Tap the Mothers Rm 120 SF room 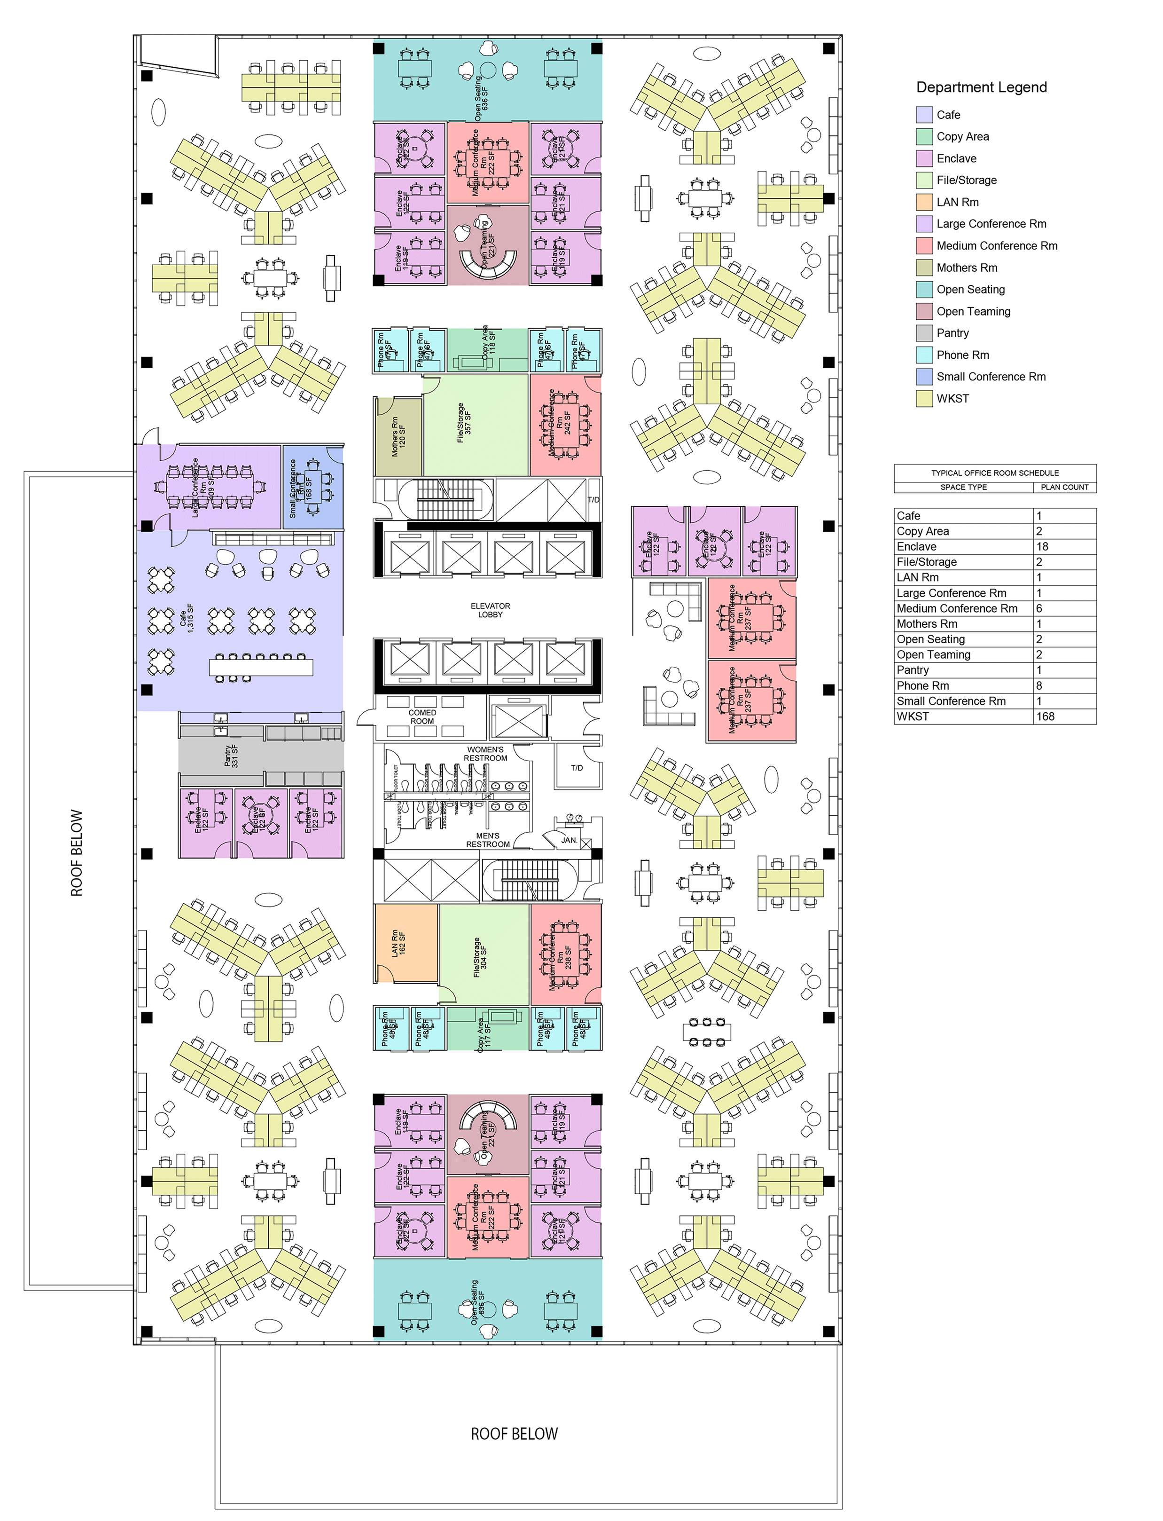398,436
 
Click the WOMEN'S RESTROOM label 485,754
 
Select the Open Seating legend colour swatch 924,290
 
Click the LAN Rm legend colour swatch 924,202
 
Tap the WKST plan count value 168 1046,716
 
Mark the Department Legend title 981,87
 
